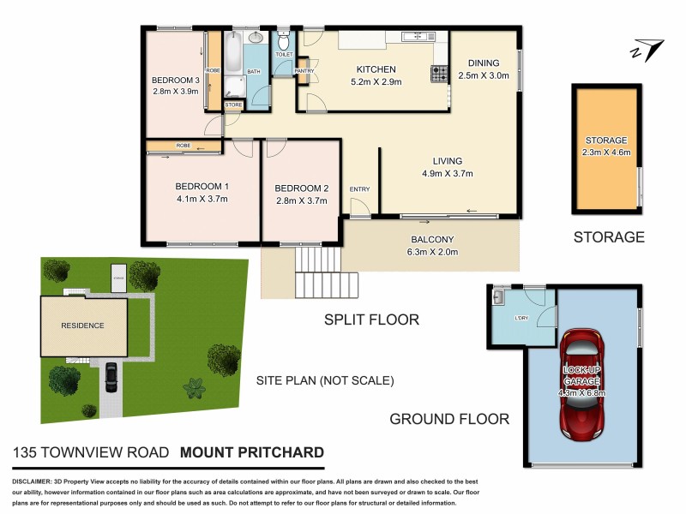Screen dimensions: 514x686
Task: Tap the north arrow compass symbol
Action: click(x=644, y=50)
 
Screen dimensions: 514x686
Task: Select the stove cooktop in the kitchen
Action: click(x=439, y=75)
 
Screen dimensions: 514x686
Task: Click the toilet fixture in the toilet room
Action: click(x=284, y=42)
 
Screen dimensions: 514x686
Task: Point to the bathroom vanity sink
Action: click(x=256, y=39)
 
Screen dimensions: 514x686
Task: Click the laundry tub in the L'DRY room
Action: click(x=498, y=297)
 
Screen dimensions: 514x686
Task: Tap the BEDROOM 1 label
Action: click(x=202, y=187)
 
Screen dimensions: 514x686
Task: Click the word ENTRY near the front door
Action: click(x=358, y=189)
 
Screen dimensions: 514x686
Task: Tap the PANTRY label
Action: click(x=304, y=71)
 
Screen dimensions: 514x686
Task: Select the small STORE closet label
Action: click(x=233, y=105)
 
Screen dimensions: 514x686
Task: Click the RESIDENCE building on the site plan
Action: click(x=82, y=326)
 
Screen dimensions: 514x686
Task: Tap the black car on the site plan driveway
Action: click(x=111, y=377)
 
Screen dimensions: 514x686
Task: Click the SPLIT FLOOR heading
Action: click(x=370, y=320)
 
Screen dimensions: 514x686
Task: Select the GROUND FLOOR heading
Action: click(x=449, y=419)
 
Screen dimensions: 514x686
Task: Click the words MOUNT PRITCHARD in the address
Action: click(x=252, y=452)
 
